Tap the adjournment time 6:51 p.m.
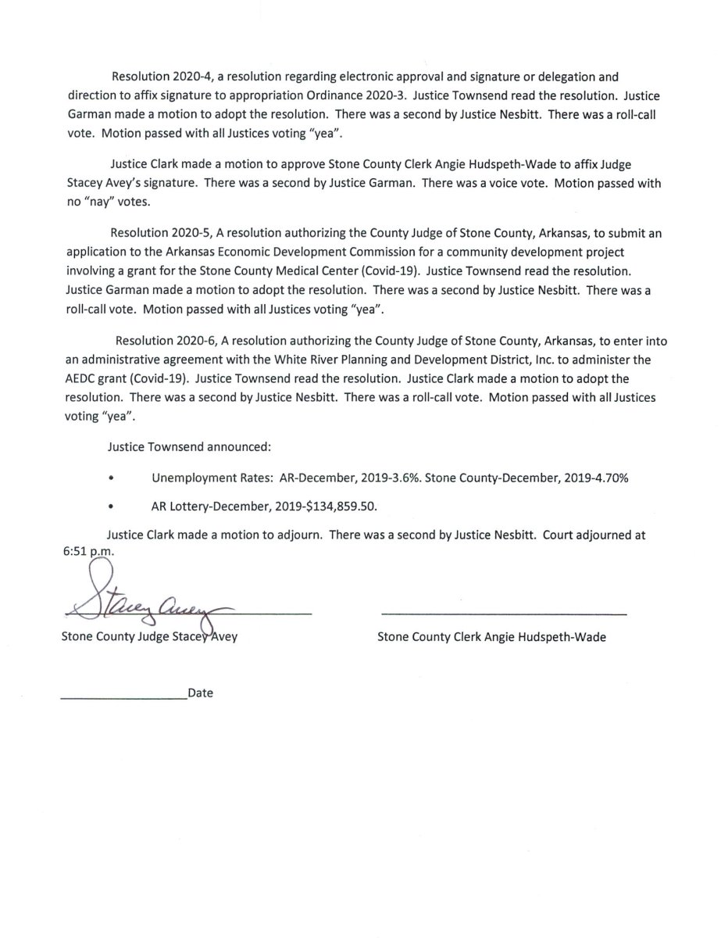coord(87,552)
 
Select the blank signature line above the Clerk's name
coord(504,614)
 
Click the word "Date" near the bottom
coord(201,693)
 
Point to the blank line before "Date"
coord(123,696)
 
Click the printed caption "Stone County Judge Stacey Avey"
coord(149,637)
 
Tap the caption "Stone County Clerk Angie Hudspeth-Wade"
coord(491,637)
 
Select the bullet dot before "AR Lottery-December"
coord(112,506)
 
